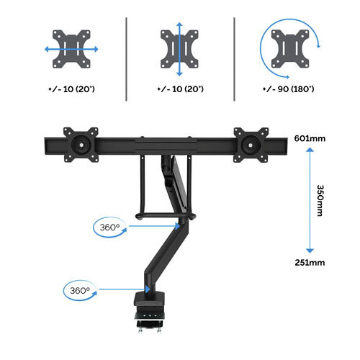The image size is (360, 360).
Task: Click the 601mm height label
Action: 310,138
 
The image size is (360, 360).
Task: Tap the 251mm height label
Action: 310,263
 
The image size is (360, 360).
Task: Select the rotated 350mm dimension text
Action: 320,200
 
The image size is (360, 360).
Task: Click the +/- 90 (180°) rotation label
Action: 288,89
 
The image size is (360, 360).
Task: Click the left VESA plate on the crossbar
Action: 81,145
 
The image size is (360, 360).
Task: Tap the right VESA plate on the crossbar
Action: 251,145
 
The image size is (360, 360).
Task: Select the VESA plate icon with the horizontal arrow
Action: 71,49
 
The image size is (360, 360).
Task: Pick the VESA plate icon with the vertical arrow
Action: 179,49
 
